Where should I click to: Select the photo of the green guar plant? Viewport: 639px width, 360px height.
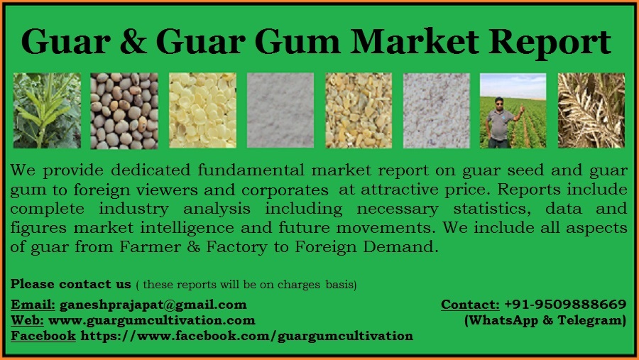click(47, 110)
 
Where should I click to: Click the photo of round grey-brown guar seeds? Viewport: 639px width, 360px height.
click(124, 110)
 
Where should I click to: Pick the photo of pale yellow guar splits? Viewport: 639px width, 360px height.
click(202, 110)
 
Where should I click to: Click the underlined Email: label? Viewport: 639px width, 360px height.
click(33, 305)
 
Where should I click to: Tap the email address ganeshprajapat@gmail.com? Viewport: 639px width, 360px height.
click(153, 305)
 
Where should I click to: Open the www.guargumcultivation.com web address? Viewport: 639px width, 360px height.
click(152, 320)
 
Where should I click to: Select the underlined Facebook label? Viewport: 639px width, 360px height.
click(43, 335)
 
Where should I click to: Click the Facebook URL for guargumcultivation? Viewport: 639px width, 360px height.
click(247, 335)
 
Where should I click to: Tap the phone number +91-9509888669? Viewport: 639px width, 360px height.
click(565, 305)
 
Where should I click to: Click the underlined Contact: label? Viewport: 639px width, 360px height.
click(470, 305)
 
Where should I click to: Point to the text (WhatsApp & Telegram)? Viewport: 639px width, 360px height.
click(545, 320)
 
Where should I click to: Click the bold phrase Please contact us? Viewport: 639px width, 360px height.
click(71, 284)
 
